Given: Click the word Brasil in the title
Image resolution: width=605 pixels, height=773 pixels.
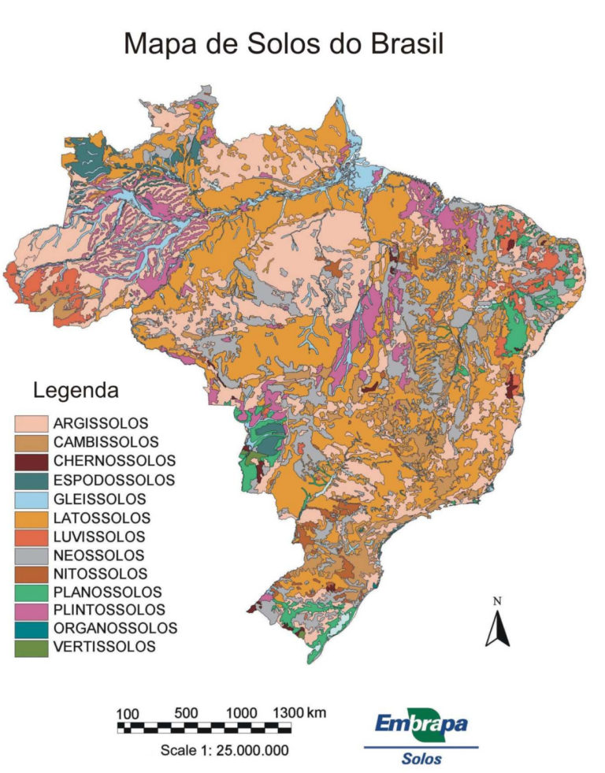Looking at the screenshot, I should coord(406,44).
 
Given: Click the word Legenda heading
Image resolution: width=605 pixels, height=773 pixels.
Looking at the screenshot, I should coord(76,390).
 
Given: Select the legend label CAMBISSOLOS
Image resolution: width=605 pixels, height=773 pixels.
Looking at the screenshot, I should coord(106,442).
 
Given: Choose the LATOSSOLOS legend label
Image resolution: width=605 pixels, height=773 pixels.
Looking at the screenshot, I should coord(102,518).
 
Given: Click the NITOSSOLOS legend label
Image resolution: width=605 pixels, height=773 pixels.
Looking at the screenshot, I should coord(100,574).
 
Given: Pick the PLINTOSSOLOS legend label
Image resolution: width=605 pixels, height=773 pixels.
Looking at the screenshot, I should coord(109,611).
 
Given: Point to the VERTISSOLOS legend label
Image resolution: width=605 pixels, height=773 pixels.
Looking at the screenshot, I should coord(105,648).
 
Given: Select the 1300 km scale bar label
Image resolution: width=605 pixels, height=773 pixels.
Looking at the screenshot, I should coord(299,713).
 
